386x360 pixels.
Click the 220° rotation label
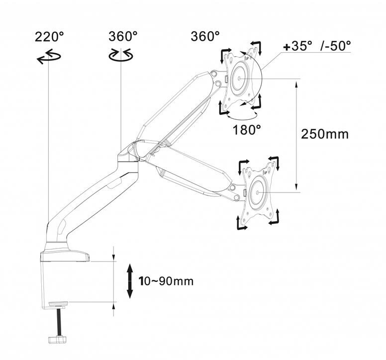coord(49,37)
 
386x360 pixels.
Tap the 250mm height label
coord(325,134)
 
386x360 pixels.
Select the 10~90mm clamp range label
coord(166,281)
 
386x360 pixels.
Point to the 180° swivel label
coord(247,130)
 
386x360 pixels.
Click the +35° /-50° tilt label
coord(317,46)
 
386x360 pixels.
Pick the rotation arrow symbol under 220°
coord(49,57)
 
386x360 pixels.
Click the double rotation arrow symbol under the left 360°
coord(121,56)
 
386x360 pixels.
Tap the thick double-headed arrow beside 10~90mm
coord(130,281)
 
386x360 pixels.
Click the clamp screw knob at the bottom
coord(58,340)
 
